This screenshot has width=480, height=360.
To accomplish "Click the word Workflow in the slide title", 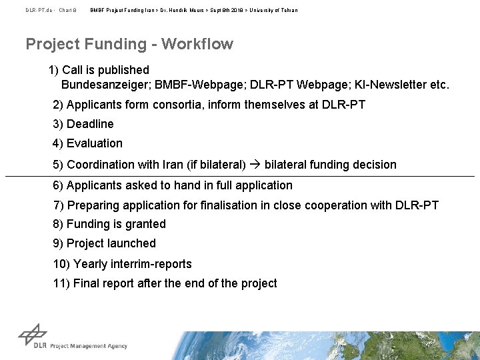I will [x=197, y=45].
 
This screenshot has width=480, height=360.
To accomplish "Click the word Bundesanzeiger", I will [x=105, y=85].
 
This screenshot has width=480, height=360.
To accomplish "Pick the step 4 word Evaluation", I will [x=95, y=144].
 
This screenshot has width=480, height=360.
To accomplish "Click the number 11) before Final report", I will [x=61, y=284].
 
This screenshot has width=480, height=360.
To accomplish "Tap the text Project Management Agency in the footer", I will [x=89, y=346].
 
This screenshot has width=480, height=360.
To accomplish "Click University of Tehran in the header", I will [x=274, y=11].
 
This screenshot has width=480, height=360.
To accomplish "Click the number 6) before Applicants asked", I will [x=58, y=186].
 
